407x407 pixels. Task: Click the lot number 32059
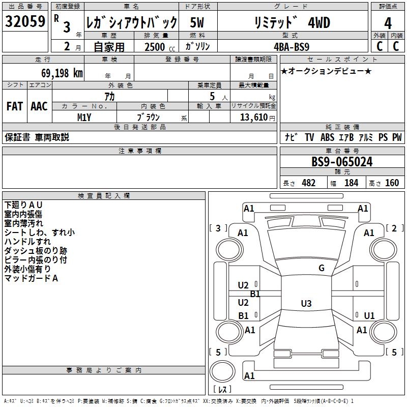pos(25,22)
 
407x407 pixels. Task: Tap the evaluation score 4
pos(388,23)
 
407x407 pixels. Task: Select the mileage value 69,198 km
pos(59,73)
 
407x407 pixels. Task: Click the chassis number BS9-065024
pos(342,162)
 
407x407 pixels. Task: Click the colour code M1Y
pos(84,117)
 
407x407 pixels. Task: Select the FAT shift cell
pos(14,106)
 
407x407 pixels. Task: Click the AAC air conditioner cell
pos(39,106)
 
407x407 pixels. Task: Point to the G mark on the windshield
pos(321,268)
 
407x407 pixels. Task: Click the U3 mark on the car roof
pos(306,304)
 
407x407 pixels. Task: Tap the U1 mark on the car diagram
pos(369,315)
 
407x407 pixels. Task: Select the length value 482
pos(308,183)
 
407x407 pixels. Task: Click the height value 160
pos(392,183)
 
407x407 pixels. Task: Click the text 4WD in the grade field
pos(319,23)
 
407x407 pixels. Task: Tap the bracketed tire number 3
pos(218,228)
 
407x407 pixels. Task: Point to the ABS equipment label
pos(327,137)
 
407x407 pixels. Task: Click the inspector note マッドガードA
pos(32,278)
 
